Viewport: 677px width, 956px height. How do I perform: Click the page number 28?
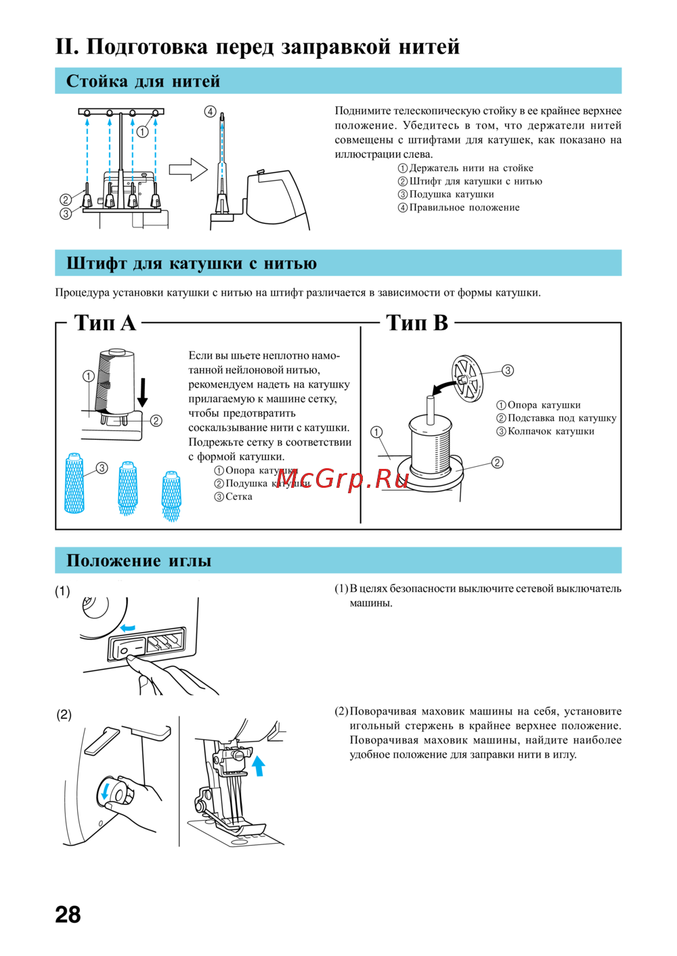click(68, 914)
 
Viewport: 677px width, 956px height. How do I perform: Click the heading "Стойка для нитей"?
click(143, 81)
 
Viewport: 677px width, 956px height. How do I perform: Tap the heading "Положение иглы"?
click(139, 561)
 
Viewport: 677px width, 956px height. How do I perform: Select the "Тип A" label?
click(105, 323)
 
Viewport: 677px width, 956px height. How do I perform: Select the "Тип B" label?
click(417, 323)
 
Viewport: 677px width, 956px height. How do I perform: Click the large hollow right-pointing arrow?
click(188, 169)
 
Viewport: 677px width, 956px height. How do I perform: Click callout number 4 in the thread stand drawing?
click(211, 112)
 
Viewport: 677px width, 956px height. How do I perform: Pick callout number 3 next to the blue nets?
click(102, 468)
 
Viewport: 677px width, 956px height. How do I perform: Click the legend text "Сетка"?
click(238, 497)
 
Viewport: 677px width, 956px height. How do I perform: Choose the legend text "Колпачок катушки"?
click(550, 431)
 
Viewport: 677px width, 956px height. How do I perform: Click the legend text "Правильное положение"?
click(464, 208)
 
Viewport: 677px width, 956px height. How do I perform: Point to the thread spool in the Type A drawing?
click(115, 381)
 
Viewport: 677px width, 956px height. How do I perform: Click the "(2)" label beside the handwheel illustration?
click(64, 714)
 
